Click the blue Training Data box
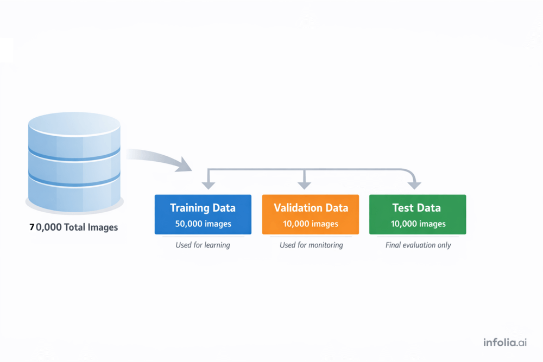click(x=203, y=214)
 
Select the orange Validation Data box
click(x=310, y=214)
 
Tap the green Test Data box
click(x=417, y=214)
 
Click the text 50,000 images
click(x=203, y=224)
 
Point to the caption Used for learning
click(x=203, y=245)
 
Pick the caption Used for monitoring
click(x=311, y=245)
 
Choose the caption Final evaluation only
click(x=418, y=245)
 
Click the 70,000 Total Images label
click(x=73, y=227)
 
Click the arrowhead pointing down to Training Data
click(x=207, y=185)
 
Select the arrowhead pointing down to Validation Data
click(x=305, y=185)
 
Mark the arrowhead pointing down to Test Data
click(x=414, y=185)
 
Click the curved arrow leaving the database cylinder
click(x=157, y=157)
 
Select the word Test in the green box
click(x=403, y=208)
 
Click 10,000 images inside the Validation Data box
click(x=311, y=224)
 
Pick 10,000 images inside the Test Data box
click(x=418, y=224)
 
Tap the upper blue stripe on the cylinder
click(x=74, y=155)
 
